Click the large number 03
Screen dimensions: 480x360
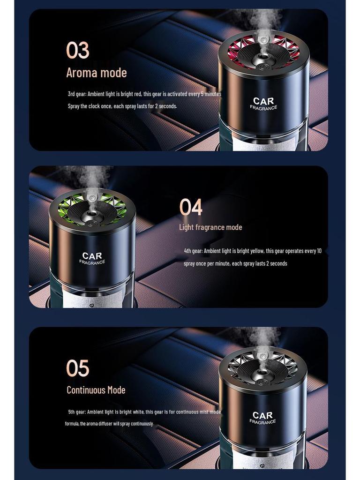pos(77,50)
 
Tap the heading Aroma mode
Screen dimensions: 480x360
pos(96,73)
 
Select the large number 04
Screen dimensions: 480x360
pos(191,207)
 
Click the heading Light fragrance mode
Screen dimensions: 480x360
pos(210,227)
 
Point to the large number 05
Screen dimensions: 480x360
pos(77,368)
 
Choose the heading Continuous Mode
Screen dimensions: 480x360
pos(96,390)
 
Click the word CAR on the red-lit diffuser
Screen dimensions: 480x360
pos(263,101)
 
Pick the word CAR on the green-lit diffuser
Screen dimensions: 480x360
pos(92,256)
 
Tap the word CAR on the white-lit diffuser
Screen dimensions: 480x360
pos(262,415)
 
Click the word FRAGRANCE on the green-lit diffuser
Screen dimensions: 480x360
pos(92,262)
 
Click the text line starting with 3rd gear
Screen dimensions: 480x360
pos(144,94)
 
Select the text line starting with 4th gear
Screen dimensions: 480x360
pos(253,251)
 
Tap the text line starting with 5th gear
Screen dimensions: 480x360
pos(144,412)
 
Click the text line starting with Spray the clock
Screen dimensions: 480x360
pos(122,106)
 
